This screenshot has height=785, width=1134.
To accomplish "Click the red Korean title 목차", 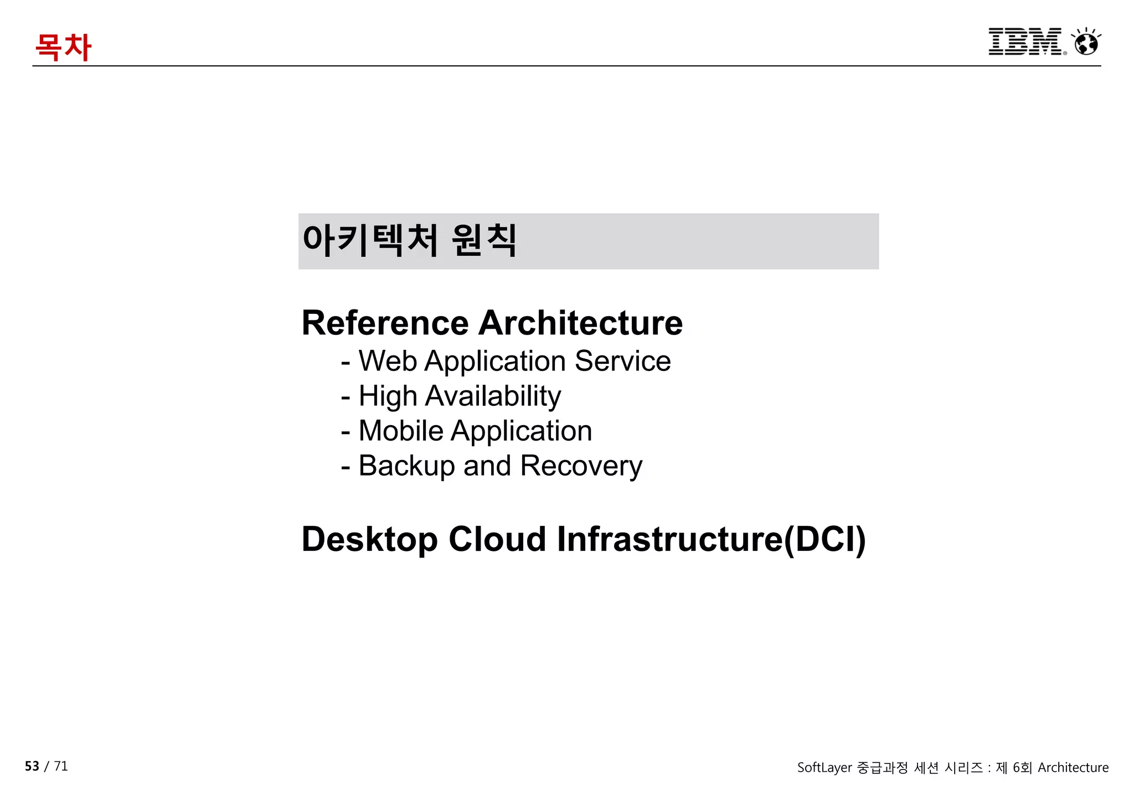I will (x=63, y=47).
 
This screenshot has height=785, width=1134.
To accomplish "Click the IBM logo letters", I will (x=1025, y=42).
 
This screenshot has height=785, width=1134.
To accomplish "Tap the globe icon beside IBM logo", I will (x=1086, y=43).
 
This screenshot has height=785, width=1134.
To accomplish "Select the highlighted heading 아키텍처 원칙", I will (x=410, y=240).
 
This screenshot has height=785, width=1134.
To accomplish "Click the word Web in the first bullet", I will (x=388, y=361).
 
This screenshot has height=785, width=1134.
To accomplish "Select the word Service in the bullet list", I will (x=622, y=361).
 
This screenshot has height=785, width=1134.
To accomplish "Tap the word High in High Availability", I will (x=388, y=396).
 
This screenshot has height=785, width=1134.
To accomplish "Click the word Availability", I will (x=493, y=396).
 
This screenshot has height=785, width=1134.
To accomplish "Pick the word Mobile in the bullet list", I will (x=401, y=431).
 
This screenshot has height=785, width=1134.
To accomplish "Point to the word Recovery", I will (x=581, y=466).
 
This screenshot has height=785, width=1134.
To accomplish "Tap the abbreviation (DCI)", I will (x=824, y=539).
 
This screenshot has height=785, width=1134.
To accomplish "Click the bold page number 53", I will (x=32, y=766).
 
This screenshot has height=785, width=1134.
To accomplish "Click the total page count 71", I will (x=61, y=766).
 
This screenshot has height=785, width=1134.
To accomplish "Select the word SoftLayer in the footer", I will (x=824, y=768).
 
